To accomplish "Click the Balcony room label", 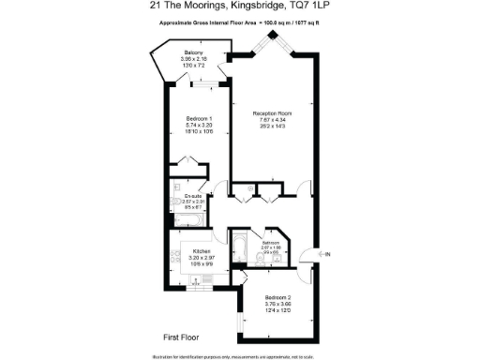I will click(194, 52).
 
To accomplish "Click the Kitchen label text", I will click(201, 252).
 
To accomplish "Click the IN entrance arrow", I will click(323, 254).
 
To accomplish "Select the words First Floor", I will click(169, 336).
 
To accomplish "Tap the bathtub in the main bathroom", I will click(240, 249).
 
